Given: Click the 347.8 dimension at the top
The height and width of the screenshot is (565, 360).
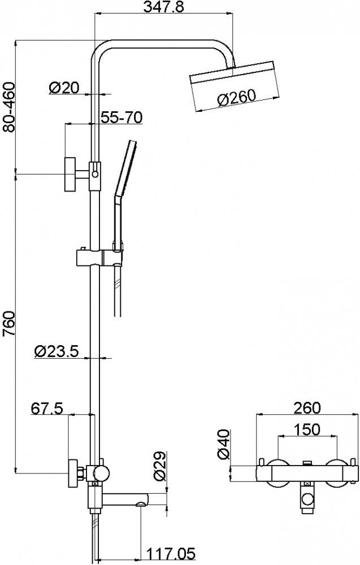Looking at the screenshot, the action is coord(163,7).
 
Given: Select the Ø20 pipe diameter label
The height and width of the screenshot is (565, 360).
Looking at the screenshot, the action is coord(63,88).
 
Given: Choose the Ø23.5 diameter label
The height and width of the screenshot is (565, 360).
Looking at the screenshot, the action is coord(57,351).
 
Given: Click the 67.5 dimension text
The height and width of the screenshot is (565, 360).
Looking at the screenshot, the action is coord(47,408).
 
